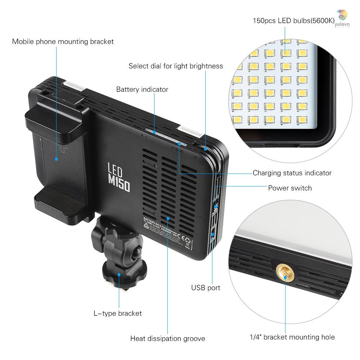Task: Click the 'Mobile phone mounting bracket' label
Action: tap(63, 41)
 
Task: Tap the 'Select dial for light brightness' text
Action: tap(176, 66)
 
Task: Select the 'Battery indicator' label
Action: tap(142, 89)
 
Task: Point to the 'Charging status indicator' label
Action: tap(292, 173)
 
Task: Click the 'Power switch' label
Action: tap(290, 188)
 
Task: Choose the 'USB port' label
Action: tap(206, 288)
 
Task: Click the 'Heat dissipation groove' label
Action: tap(167, 338)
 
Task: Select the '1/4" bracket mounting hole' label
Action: tap(292, 337)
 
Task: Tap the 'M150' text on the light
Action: tap(119, 184)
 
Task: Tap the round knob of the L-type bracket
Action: tap(119, 268)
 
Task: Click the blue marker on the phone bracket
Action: tap(57, 158)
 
